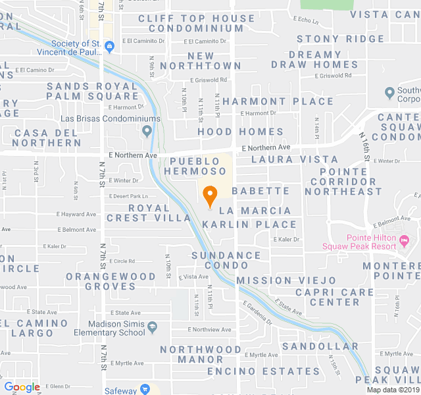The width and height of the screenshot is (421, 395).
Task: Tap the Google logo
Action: (22, 387)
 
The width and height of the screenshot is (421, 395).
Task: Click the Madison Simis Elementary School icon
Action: (153, 326)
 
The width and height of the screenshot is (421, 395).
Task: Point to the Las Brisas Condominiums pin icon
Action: (146, 130)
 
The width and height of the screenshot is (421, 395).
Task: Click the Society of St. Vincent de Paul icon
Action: (109, 45)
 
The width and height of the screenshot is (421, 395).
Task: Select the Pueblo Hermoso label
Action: (195, 165)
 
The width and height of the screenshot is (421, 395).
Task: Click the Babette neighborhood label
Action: (260, 191)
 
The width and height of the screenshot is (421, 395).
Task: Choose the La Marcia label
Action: (255, 211)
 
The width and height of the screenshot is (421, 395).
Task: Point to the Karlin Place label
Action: (245, 224)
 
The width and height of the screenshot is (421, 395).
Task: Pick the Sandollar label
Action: (320, 346)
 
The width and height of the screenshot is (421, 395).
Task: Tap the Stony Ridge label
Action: (340, 39)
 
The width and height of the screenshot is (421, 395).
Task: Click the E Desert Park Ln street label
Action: (130, 196)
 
